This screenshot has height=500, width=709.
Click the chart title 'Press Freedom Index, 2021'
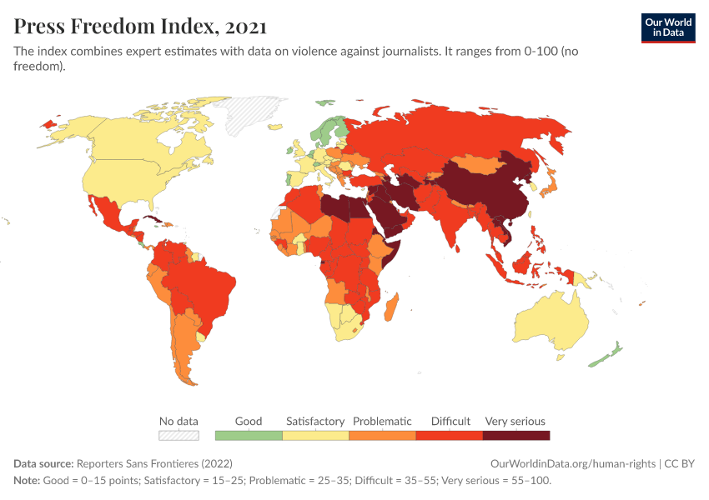[139, 27]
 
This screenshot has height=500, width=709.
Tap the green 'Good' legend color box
[249, 435]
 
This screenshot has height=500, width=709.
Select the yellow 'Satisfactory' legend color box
[315, 435]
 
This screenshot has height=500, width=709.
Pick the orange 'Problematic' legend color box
[382, 435]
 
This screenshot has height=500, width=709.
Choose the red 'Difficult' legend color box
[450, 435]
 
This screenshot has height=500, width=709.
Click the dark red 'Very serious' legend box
[516, 435]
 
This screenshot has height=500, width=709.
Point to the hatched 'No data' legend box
[179, 435]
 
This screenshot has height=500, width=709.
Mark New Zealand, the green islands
[608, 353]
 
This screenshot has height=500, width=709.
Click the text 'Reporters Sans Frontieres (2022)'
[154, 463]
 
